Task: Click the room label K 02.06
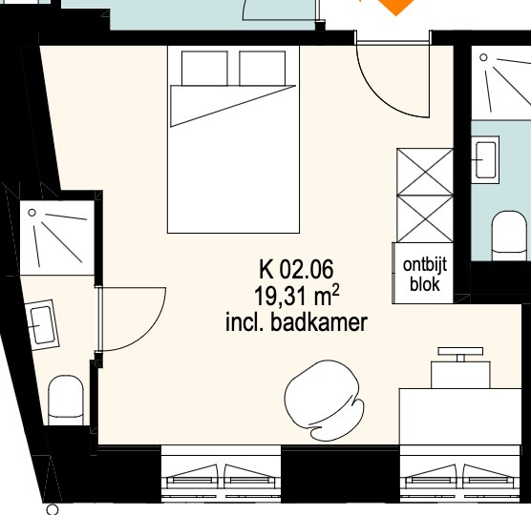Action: point(296,269)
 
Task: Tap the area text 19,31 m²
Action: point(296,296)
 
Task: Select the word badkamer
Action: point(319,322)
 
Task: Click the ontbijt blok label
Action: point(425,274)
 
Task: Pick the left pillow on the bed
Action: point(204,69)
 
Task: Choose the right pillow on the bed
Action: point(262,69)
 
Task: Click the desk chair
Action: point(324,401)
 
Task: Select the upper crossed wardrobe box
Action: point(425,172)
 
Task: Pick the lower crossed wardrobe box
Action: point(425,218)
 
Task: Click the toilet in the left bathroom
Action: point(66,400)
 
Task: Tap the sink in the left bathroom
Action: point(42,325)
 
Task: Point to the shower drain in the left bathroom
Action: point(32,213)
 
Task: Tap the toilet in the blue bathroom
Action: point(509,236)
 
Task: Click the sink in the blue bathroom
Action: point(486,159)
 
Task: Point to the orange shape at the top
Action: point(396,6)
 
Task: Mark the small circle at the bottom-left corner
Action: point(53,509)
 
